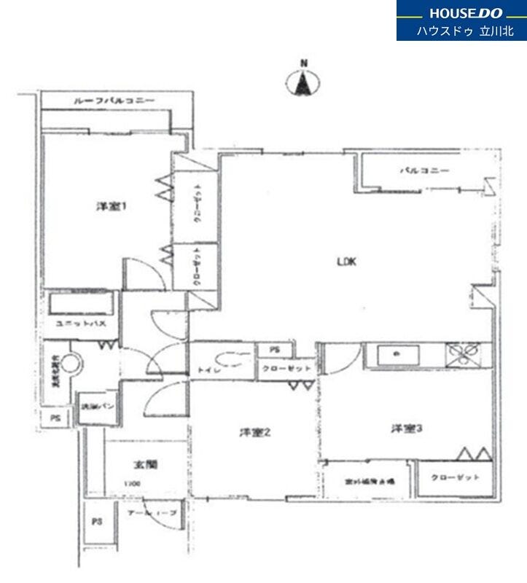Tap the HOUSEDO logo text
point(466,13)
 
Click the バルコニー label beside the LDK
point(424,171)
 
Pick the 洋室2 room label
point(256,433)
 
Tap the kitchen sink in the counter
point(398,355)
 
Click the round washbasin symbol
point(71,364)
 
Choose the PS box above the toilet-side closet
point(274,351)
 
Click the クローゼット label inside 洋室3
point(456,478)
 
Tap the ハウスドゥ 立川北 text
point(465,31)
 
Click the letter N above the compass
point(304,63)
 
